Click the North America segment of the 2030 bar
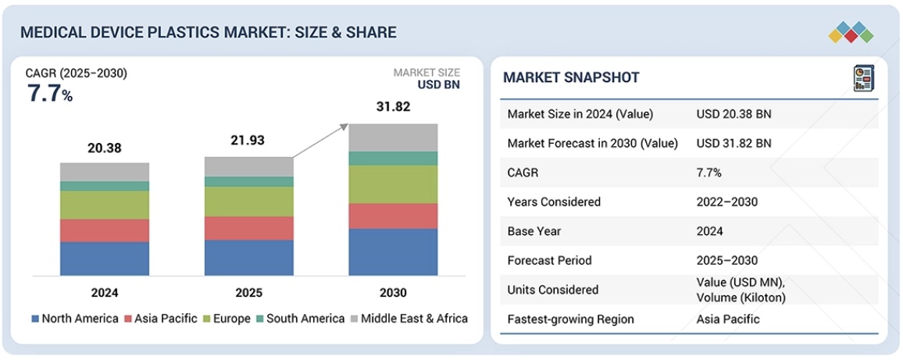coord(393,251)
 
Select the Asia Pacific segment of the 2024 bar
coord(105,230)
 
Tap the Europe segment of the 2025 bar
coord(249,201)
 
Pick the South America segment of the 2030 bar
coord(393,159)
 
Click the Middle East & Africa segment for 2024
coord(105,172)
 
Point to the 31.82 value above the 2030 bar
coord(393,107)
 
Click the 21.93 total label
coord(249,140)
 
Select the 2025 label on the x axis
coord(249,293)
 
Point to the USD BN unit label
coord(438,85)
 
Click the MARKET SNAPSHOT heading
coord(571,77)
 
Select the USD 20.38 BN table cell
coord(733,114)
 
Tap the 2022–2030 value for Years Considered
coord(726,201)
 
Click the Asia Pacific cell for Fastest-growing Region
coord(728,319)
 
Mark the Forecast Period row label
coord(549,260)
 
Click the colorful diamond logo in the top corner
coord(851,32)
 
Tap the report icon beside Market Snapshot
coord(862,78)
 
